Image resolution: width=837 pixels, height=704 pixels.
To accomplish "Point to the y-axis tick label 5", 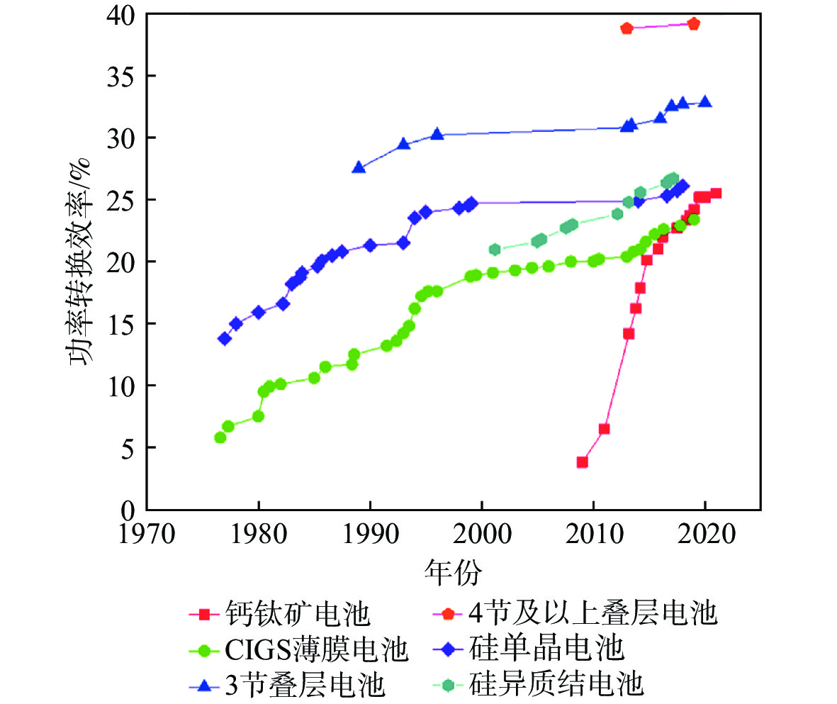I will click(x=128, y=448).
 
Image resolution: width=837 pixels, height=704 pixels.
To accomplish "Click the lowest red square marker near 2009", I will click(x=583, y=462).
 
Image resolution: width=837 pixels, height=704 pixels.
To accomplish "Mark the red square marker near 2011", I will click(x=604, y=429).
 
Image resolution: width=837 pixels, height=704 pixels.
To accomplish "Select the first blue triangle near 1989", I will click(x=359, y=167).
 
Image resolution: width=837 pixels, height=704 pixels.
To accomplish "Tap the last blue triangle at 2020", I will click(x=705, y=101).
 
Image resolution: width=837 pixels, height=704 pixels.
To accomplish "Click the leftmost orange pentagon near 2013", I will click(x=627, y=28).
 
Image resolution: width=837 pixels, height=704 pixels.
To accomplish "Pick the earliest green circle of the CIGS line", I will click(x=220, y=437).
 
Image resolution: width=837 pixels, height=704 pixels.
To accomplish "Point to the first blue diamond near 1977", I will click(x=225, y=339).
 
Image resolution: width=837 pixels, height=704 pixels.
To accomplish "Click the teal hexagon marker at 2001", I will click(x=494, y=250).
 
